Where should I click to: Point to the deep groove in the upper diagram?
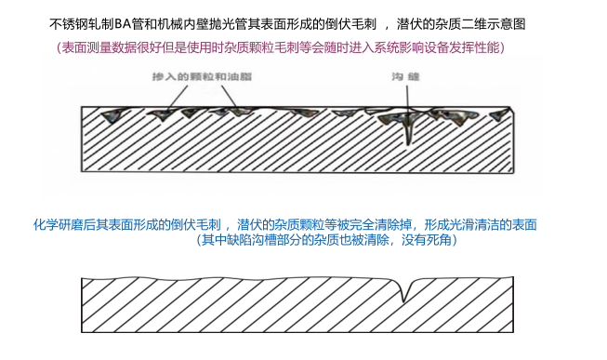(x=407, y=130)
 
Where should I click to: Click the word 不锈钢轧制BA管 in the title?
(x=91, y=21)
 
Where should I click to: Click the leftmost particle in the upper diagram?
(x=116, y=114)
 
